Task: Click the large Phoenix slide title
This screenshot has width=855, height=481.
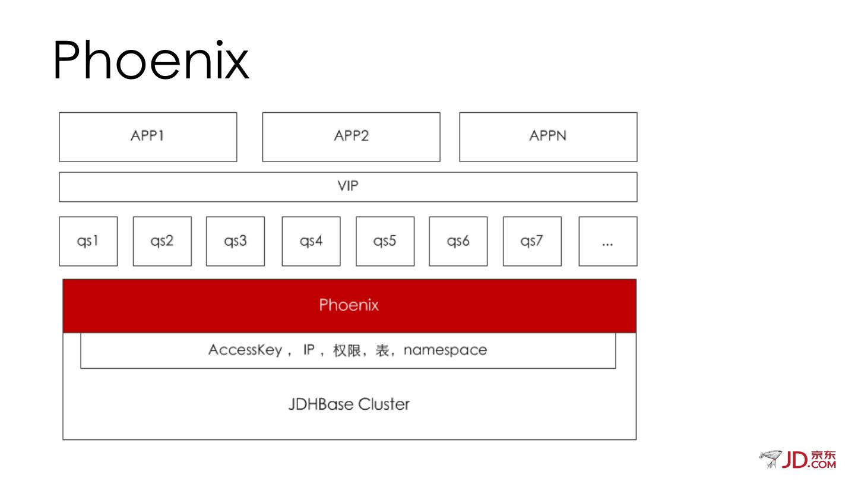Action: coord(151,61)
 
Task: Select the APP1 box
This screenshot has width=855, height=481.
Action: coord(148,137)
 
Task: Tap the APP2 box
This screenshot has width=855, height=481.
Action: coord(351,137)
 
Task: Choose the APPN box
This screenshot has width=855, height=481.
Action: coord(548,137)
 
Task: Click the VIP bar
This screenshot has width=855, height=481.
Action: coord(348,186)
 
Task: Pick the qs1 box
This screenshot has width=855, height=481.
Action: coord(88,241)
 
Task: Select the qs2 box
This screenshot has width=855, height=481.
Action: coord(162,241)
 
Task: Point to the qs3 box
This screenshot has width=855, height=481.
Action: coord(235,241)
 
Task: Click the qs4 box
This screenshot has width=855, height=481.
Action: coord(311,241)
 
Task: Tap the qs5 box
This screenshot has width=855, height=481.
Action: coord(385,241)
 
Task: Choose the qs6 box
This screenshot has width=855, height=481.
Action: coord(458,241)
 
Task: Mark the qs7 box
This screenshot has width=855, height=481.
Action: coord(532,241)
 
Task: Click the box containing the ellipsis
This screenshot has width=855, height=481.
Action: coord(607,241)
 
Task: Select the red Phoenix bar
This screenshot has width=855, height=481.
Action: coord(349,305)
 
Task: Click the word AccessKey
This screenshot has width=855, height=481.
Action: coord(245,350)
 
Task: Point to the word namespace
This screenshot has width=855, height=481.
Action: coord(445,350)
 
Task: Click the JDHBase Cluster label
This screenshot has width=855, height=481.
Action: coord(349,404)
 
